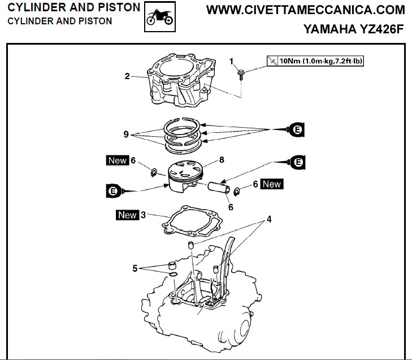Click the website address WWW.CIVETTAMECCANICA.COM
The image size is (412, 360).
pyautogui.click(x=306, y=10)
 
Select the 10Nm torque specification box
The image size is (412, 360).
pyautogui.click(x=314, y=60)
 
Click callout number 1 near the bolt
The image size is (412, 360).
pyautogui.click(x=231, y=60)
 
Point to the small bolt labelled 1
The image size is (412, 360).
pyautogui.click(x=242, y=73)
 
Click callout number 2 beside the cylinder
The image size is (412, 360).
pyautogui.click(x=128, y=76)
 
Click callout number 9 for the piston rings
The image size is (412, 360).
pyautogui.click(x=127, y=135)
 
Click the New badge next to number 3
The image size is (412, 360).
pyautogui.click(x=127, y=215)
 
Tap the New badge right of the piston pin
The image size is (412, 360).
pyautogui.click(x=271, y=184)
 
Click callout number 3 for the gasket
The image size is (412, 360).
pyautogui.click(x=144, y=215)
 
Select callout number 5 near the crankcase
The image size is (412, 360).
pyautogui.click(x=135, y=268)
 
